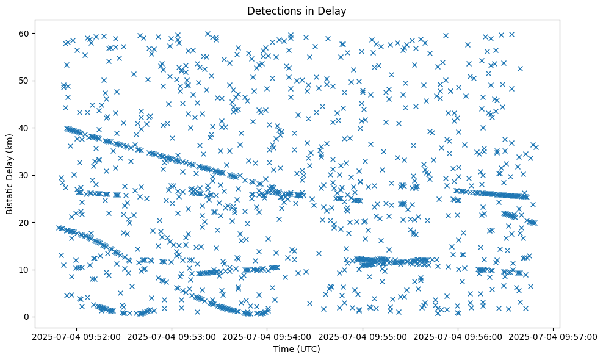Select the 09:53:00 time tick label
171,336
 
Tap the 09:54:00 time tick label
267,336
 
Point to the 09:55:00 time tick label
363,336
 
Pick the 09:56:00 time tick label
458,336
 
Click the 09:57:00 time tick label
553,336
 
